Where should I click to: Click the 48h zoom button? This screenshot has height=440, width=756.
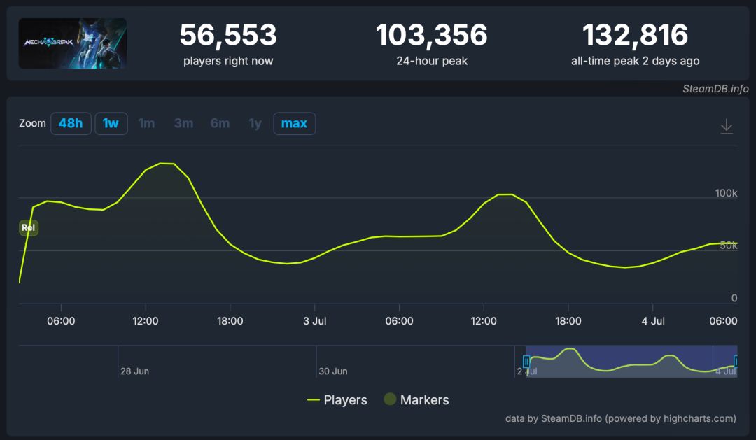[x=71, y=124]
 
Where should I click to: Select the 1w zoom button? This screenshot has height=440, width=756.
[x=111, y=124]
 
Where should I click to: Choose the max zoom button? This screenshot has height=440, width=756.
[x=294, y=124]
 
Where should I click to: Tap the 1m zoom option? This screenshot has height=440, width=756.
[x=147, y=124]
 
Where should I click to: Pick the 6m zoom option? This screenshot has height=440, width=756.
[x=220, y=124]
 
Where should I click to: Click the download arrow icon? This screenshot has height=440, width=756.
[x=727, y=127]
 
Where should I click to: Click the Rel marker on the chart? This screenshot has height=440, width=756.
[x=29, y=227]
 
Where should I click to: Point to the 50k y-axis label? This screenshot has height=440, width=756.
[x=728, y=246]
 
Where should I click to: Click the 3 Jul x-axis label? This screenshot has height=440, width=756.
[x=315, y=321]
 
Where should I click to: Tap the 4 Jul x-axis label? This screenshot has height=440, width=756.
[x=653, y=321]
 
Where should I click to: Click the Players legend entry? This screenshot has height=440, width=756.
[x=337, y=400]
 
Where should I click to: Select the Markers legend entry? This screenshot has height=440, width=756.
[x=416, y=400]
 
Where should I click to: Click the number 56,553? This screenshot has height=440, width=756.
[x=228, y=35]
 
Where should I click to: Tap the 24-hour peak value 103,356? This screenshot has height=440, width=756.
[x=432, y=35]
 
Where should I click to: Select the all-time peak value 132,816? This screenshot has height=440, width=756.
[x=635, y=35]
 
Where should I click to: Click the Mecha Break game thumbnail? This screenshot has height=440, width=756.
[x=73, y=43]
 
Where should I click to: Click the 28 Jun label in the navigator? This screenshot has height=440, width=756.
[x=134, y=371]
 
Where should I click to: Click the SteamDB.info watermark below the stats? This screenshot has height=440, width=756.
[x=715, y=89]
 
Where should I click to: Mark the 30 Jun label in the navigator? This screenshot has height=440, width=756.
[x=333, y=371]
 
